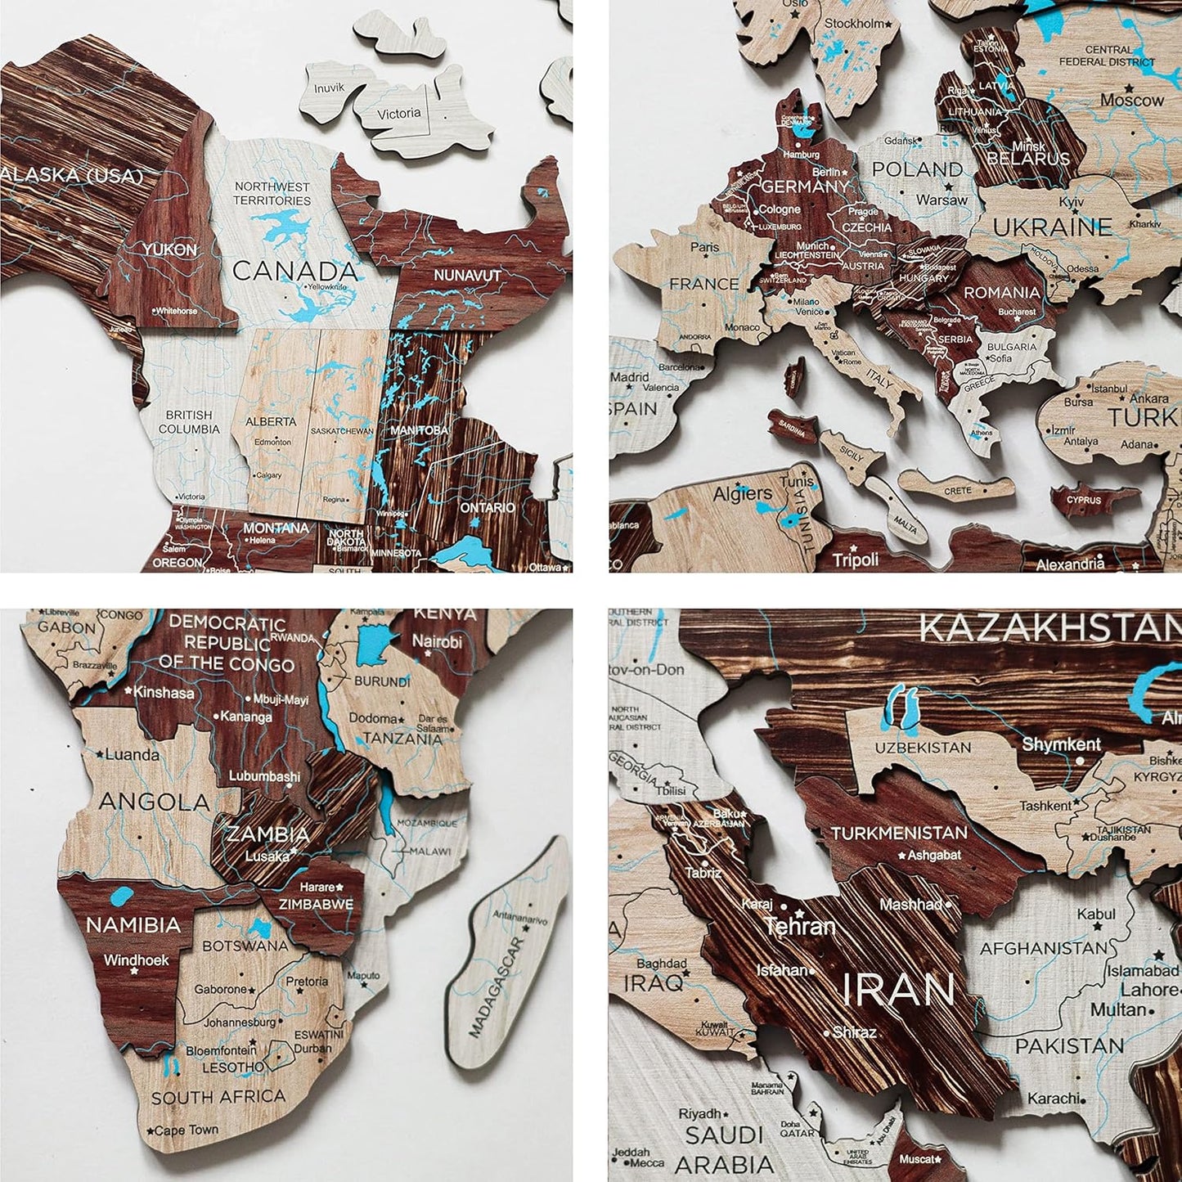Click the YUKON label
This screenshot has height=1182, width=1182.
(x=169, y=249)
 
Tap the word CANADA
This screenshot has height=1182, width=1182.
(x=295, y=271)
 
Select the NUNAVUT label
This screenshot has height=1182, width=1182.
(x=467, y=276)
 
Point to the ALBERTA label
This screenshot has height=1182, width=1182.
(x=271, y=421)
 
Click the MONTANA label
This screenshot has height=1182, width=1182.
(x=276, y=528)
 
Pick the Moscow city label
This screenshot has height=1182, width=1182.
(x=1132, y=100)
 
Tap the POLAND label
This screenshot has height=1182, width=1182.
(x=917, y=169)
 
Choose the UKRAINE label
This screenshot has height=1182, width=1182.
(x=1053, y=226)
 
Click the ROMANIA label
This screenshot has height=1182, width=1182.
(x=1001, y=292)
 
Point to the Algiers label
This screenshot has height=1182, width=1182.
(x=743, y=493)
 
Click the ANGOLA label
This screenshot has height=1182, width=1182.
(x=155, y=801)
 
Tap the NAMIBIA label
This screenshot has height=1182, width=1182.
(x=133, y=924)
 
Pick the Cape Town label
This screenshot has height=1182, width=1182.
(x=186, y=1130)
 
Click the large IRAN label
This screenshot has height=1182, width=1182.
(x=898, y=990)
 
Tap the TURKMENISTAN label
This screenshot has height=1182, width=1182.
(x=899, y=833)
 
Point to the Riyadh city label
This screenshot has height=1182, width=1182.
(x=700, y=1113)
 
